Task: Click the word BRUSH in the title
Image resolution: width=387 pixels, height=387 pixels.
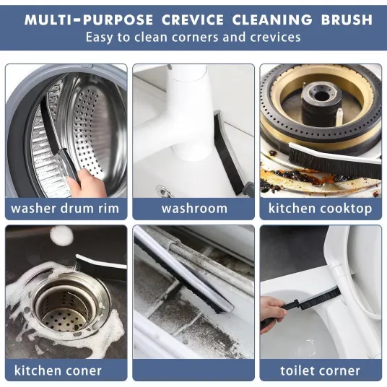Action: pos(347,19)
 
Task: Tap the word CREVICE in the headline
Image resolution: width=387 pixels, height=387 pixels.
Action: pos(193,19)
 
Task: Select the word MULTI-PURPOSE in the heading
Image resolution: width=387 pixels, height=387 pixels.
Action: pos(89,19)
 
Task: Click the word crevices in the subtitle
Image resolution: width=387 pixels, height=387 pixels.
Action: pos(275,38)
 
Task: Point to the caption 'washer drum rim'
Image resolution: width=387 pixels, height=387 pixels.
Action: pos(65,209)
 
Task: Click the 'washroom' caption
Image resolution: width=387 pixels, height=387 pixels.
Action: pos(194,209)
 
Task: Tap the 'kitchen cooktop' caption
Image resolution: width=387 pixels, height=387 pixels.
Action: pos(320,209)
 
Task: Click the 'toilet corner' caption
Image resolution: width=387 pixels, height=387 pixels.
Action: pos(320,370)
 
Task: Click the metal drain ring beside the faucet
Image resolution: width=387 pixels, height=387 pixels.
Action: pos(164,191)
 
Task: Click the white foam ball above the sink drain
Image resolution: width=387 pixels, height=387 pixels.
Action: pos(61,235)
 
